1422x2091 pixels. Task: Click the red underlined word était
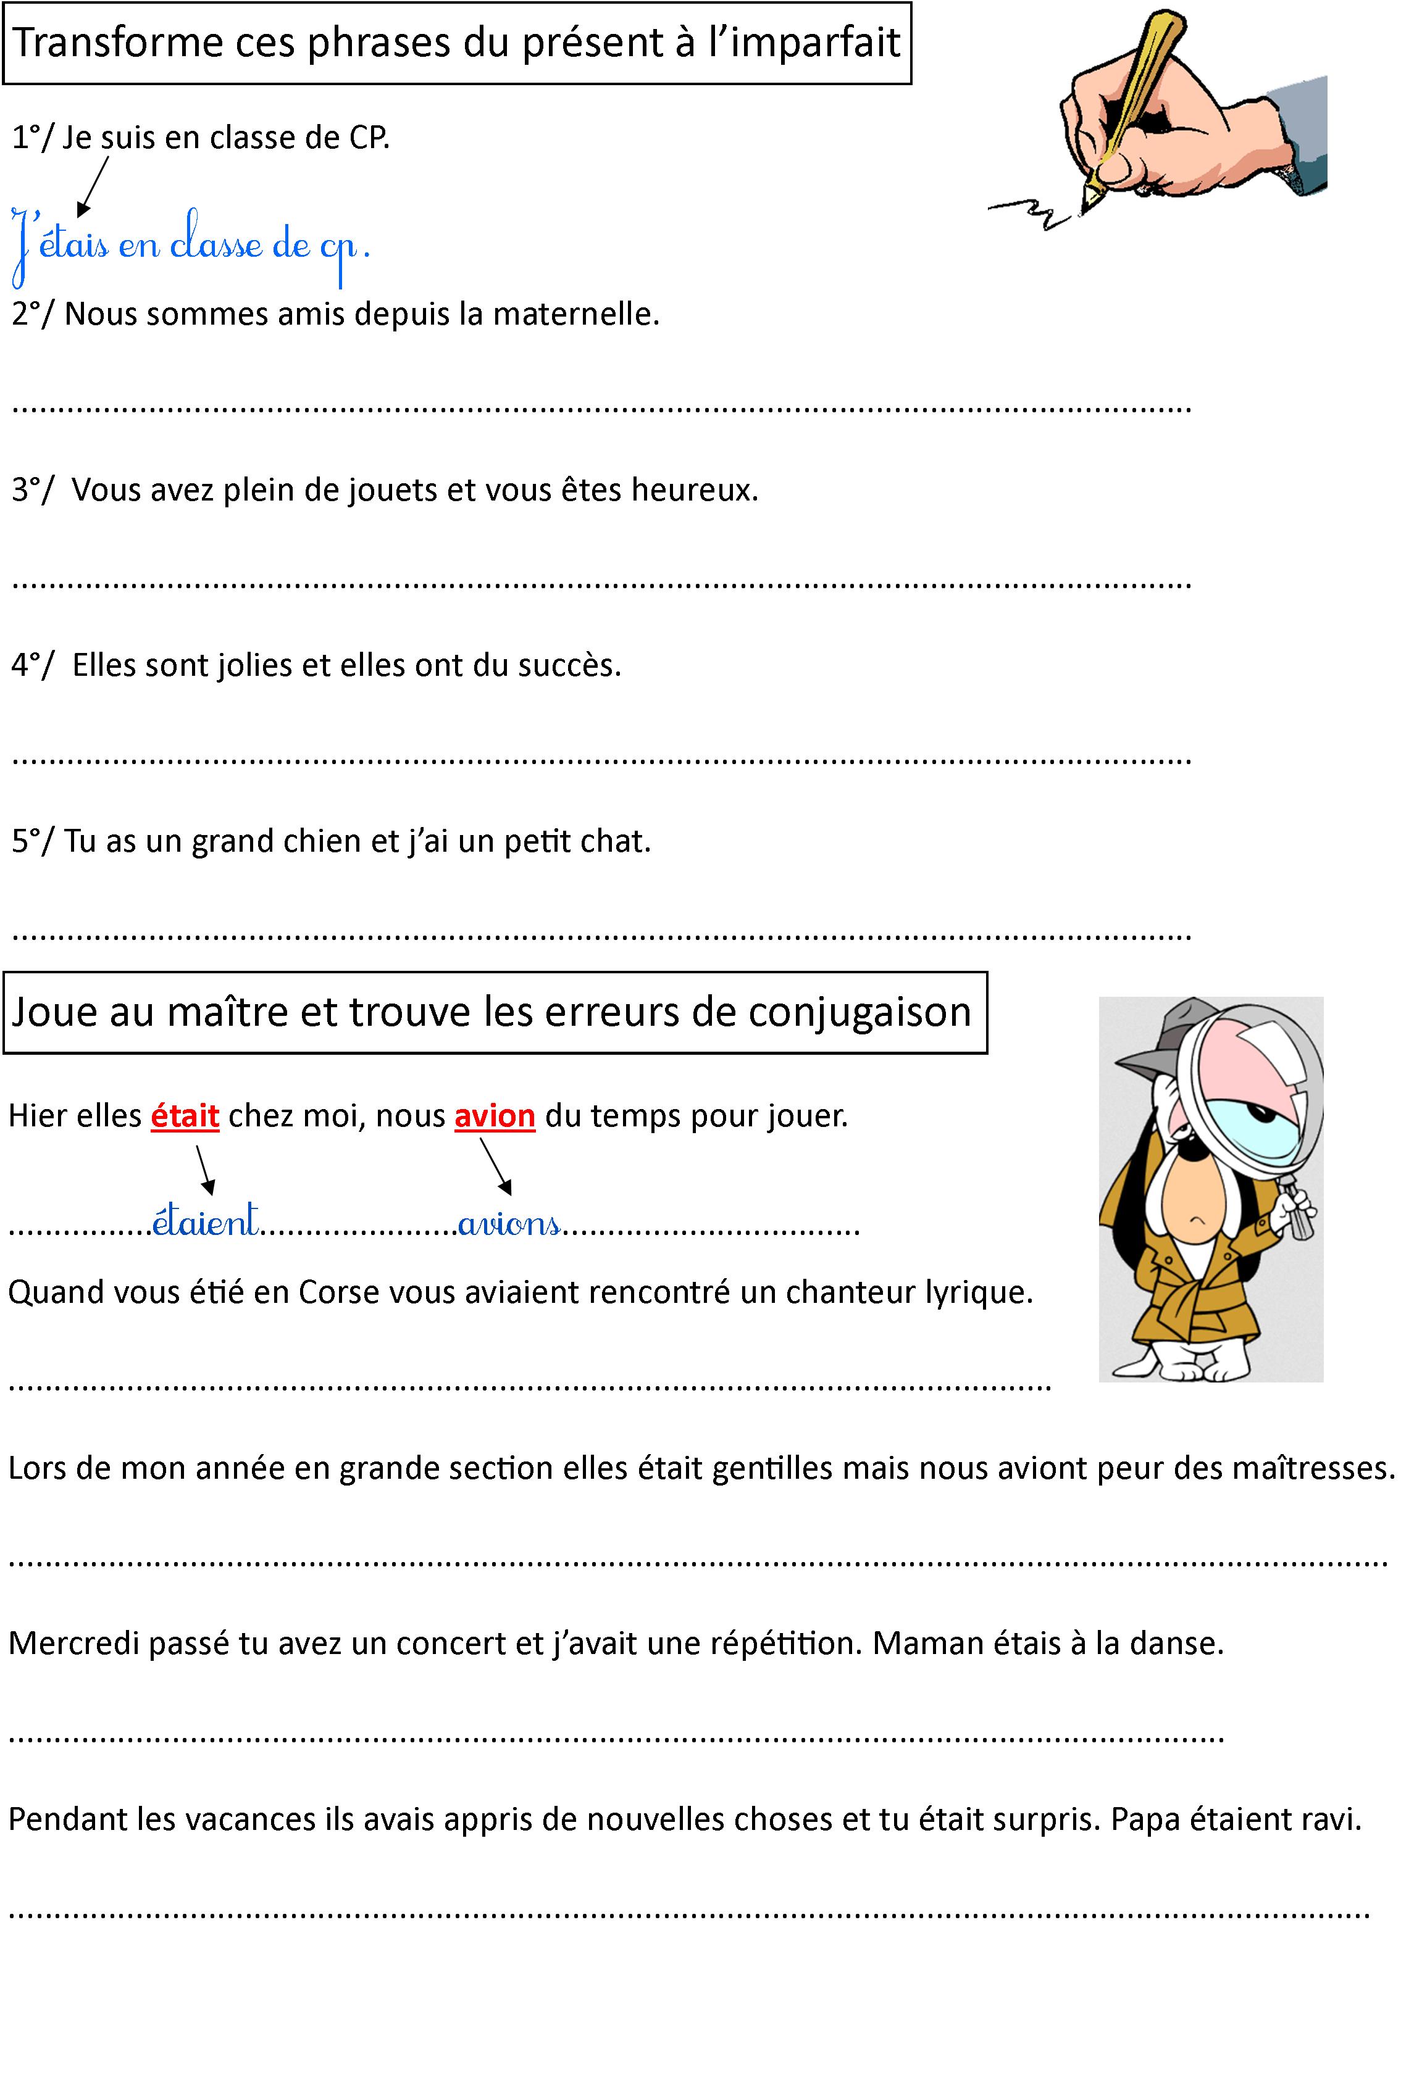click(x=185, y=1116)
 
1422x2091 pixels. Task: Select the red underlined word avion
click(x=495, y=1116)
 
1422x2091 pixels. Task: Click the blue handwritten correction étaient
click(x=205, y=1221)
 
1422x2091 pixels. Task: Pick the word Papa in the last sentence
click(x=1145, y=1819)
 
